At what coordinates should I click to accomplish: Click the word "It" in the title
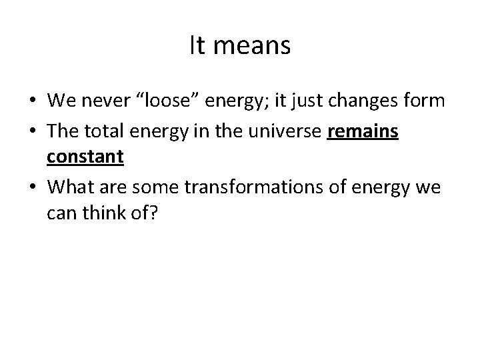(197, 46)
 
